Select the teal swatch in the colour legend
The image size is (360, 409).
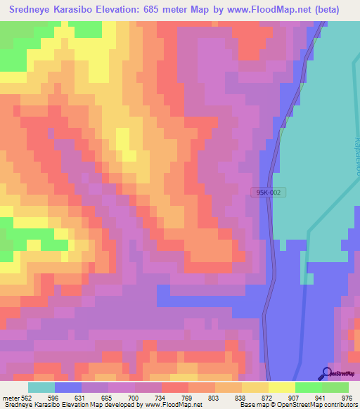click(x=41, y=387)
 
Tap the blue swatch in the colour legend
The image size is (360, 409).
click(x=68, y=387)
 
